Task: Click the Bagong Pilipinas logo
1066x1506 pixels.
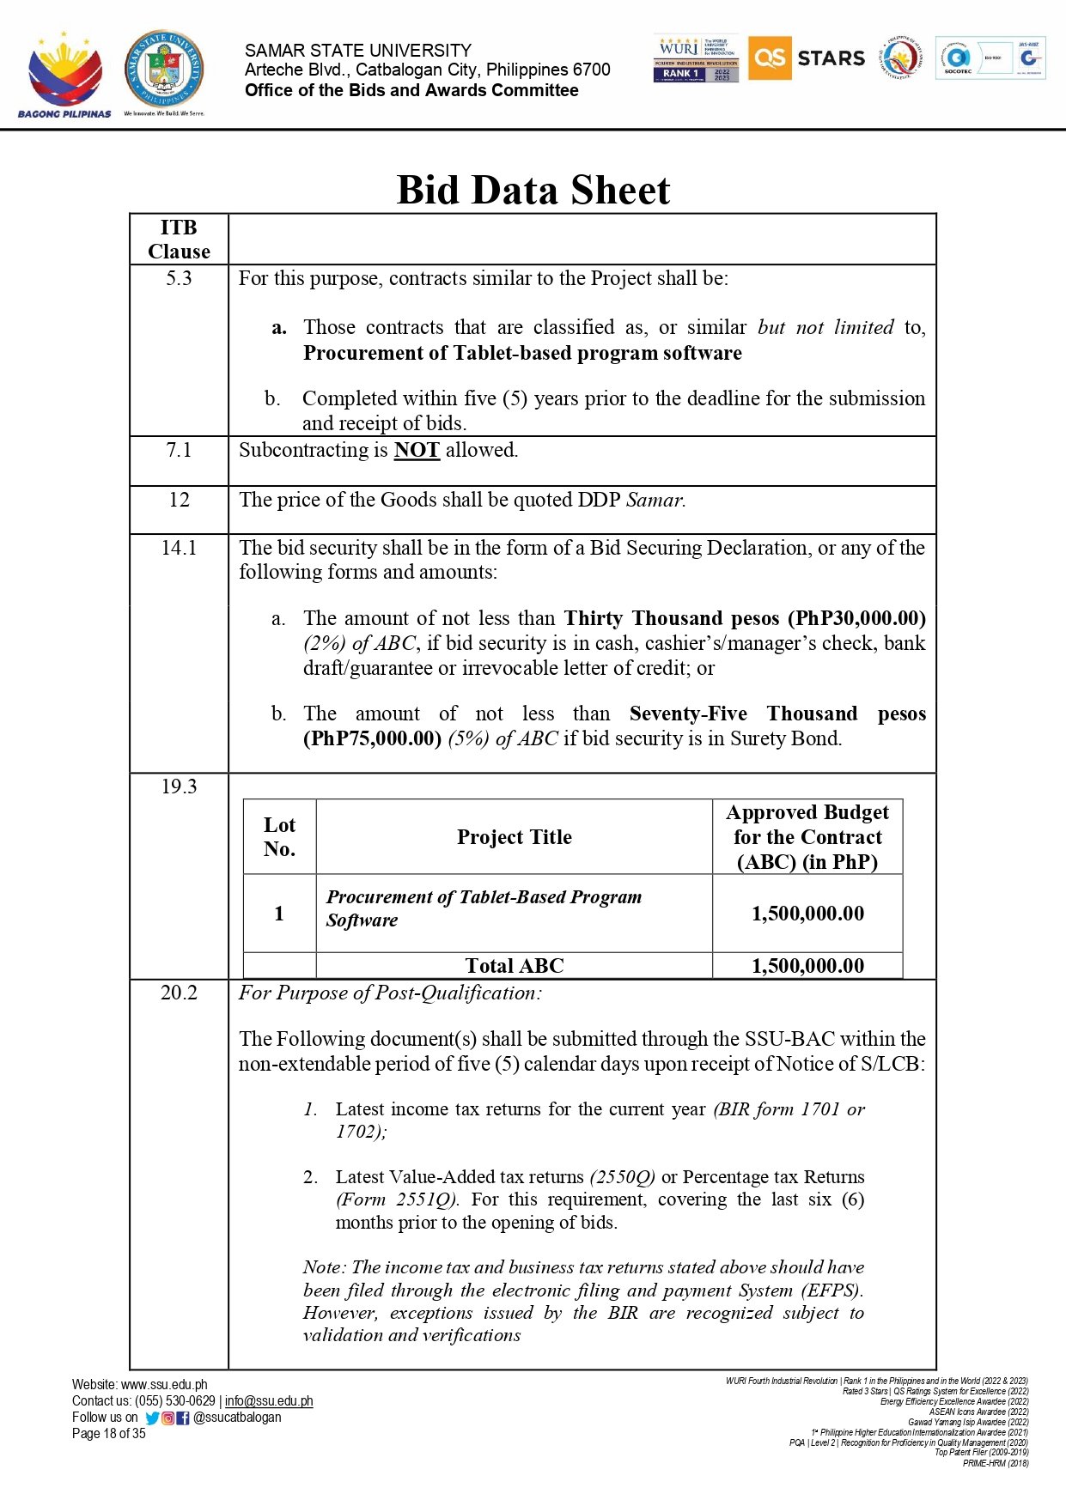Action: click(64, 76)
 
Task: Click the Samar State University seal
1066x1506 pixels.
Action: click(164, 70)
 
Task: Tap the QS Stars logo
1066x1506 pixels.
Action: click(807, 58)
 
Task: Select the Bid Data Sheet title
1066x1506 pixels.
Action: click(533, 190)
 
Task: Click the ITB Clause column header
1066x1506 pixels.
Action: click(179, 240)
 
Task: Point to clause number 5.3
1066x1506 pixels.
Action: click(179, 278)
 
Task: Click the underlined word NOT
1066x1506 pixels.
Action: click(417, 450)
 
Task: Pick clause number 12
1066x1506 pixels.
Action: click(179, 500)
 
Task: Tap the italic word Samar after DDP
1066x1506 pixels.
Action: click(655, 500)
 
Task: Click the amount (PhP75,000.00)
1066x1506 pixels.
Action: click(372, 738)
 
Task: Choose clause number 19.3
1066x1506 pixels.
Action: click(179, 786)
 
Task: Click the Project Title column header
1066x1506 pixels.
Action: click(514, 837)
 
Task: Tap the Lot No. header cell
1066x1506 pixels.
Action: click(279, 837)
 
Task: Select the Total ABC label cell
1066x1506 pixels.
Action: click(514, 966)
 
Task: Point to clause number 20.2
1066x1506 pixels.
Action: click(179, 993)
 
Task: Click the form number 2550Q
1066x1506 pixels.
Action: click(623, 1177)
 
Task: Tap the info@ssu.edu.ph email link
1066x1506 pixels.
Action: click(269, 1401)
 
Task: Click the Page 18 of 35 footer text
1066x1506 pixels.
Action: click(109, 1434)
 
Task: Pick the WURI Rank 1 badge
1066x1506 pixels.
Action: click(696, 59)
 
